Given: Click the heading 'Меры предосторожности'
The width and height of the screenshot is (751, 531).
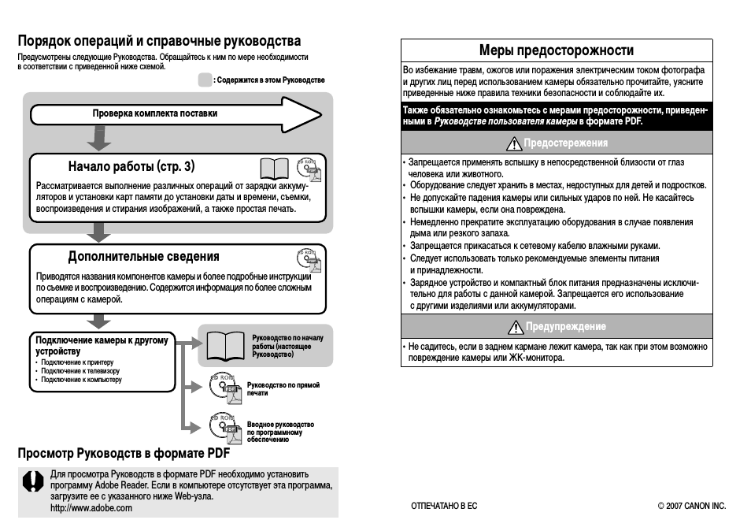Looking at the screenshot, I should coord(556,50).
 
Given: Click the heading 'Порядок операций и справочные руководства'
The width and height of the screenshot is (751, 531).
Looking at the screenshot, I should coord(159,41).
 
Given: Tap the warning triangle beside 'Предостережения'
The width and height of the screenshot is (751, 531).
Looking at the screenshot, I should coord(515,143).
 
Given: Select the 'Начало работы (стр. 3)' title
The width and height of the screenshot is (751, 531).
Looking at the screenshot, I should coord(131,166).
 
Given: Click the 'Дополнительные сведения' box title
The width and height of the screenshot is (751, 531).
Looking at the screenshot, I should coord(143,257).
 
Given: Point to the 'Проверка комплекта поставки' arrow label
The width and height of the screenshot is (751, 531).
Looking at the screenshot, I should coord(154,113).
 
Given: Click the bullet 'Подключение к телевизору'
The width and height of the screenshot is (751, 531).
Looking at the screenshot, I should coord(80,371).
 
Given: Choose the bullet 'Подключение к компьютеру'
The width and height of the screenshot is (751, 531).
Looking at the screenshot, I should coord(81,380).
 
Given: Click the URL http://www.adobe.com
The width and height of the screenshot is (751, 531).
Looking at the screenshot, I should coord(91,508).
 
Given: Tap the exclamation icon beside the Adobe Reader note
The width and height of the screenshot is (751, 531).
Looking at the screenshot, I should coord(32,481).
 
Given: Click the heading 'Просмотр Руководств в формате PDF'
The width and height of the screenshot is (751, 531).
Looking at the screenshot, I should coord(124,454).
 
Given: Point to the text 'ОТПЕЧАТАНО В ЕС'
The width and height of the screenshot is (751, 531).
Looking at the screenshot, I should coord(444,506).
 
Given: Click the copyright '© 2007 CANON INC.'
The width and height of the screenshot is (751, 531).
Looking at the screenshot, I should coord(691,506).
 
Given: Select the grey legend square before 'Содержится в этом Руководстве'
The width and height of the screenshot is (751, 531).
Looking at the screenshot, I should coord(205,80).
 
